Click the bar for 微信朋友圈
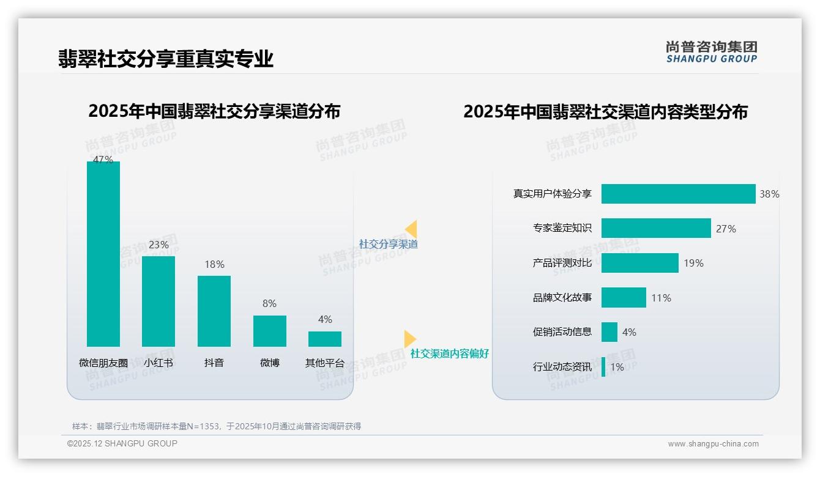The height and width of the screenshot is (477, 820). pos(103,254)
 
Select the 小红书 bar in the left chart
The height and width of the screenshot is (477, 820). pos(158,301)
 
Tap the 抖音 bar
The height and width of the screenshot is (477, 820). pos(214,311)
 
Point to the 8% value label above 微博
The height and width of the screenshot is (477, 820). pos(269,303)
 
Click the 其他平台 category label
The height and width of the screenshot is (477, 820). pos(325,363)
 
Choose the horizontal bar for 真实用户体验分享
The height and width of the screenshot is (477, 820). pos(678,194)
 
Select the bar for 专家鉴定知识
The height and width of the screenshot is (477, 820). pos(656,228)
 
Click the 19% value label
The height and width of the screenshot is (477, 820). pos(694,263)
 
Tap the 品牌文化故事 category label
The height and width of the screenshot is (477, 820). pos(562,298)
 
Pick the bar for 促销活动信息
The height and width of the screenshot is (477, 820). pos(609,332)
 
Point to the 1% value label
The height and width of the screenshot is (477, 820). pos(617,367)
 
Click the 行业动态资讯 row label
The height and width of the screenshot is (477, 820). pos(562,367)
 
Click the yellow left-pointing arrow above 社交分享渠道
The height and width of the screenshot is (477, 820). pos(411,229)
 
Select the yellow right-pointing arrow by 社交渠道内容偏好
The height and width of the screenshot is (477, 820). pos(409,339)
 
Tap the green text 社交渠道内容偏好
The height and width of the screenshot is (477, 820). pos(450,353)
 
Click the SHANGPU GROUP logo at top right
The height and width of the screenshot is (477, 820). pos(712,52)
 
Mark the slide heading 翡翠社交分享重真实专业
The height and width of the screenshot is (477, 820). pos(166,59)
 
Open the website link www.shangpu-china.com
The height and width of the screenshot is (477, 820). pos(713,444)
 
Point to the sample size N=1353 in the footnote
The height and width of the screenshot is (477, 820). pos(199,426)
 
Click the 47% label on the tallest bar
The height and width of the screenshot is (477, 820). pos(103,160)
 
